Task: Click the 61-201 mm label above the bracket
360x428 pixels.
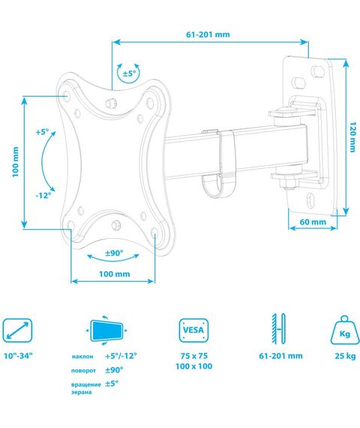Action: click(x=208, y=35)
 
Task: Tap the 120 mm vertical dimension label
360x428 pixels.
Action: click(x=352, y=137)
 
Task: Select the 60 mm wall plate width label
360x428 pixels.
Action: click(x=313, y=222)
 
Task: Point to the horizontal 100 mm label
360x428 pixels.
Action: click(x=114, y=274)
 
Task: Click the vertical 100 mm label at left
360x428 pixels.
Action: click(x=16, y=162)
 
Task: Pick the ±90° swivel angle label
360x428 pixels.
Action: click(x=114, y=253)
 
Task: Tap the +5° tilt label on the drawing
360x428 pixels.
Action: click(x=42, y=132)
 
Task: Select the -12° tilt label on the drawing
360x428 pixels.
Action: click(x=43, y=195)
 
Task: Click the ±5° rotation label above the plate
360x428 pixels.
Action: click(x=129, y=74)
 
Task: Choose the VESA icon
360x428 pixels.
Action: click(x=193, y=330)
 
